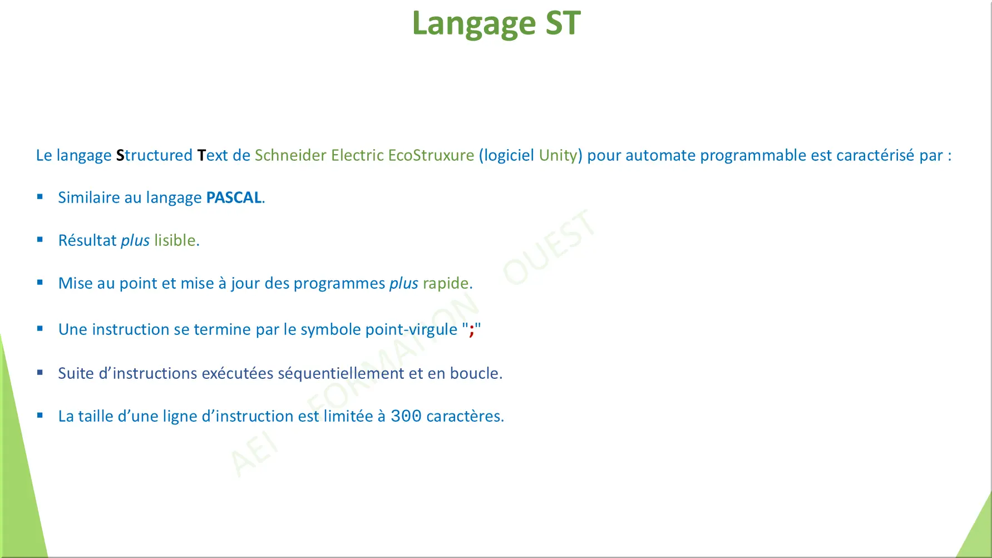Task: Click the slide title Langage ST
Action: (496, 23)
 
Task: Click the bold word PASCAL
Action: (234, 197)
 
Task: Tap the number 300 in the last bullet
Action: (406, 416)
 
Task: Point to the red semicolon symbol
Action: (471, 330)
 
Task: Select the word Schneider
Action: (290, 155)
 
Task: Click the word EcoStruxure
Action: (431, 155)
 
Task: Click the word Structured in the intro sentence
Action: (154, 155)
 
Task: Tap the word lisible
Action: (175, 240)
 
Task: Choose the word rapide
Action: (446, 283)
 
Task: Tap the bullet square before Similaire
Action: (40, 196)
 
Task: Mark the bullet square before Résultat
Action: (40, 240)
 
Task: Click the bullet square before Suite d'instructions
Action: (40, 373)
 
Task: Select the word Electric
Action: (357, 155)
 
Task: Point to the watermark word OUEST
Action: (549, 247)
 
